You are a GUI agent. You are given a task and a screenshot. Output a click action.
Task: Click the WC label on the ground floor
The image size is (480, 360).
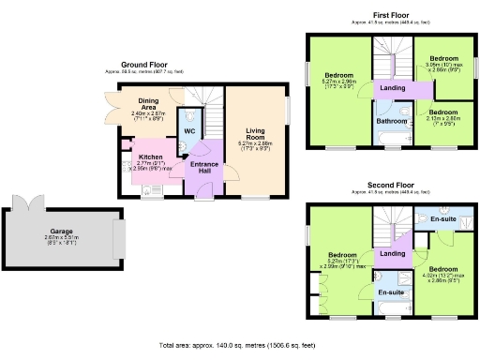(x=187, y=130)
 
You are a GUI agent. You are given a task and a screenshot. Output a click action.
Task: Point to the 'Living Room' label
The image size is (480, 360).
(x=255, y=137)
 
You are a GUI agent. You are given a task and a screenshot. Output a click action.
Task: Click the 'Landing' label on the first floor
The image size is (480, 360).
(x=391, y=88)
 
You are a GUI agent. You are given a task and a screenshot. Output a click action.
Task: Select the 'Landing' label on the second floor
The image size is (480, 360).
(x=393, y=254)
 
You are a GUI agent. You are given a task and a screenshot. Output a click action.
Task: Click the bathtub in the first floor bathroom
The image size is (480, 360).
(x=391, y=142)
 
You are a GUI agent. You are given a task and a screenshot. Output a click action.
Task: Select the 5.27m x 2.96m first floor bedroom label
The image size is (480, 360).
(x=340, y=81)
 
